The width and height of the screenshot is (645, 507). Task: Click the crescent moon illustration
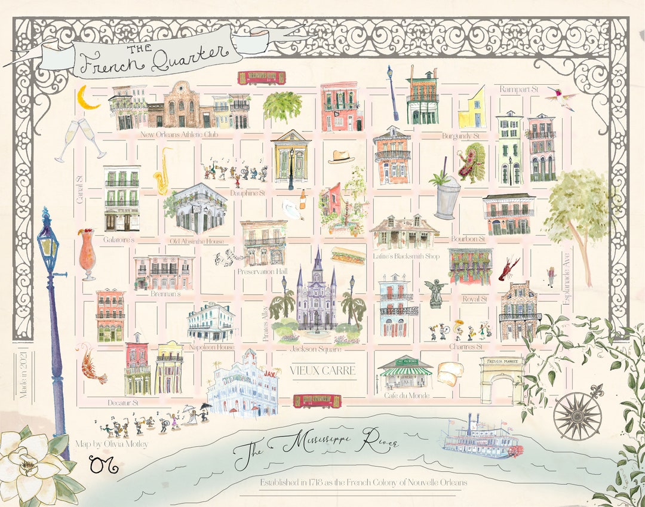coord(90,99)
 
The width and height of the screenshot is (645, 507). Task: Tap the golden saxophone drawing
coord(162,173)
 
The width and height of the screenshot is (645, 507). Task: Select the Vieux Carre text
coord(322,370)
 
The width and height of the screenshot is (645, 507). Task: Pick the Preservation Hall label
coord(262,271)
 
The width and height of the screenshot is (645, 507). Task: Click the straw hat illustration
coord(341,156)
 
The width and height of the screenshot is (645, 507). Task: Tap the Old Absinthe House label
coord(196,241)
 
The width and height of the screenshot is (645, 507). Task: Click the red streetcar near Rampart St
coord(262,78)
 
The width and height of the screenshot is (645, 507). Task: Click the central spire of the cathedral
coord(317,263)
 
